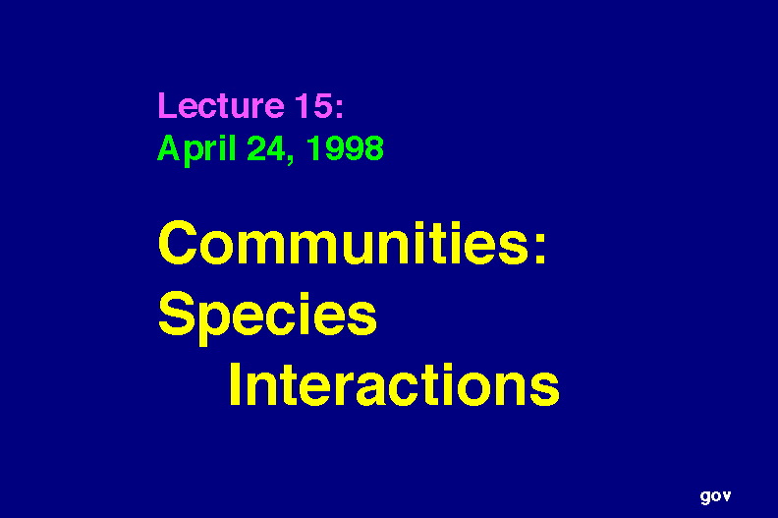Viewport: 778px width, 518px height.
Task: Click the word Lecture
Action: pyautogui.click(x=221, y=105)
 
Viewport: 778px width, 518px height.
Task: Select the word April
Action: pyautogui.click(x=196, y=149)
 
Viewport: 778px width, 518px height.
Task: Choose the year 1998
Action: pyautogui.click(x=346, y=148)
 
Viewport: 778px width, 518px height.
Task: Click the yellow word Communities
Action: pyautogui.click(x=344, y=243)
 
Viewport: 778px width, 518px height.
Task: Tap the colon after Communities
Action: pyautogui.click(x=540, y=249)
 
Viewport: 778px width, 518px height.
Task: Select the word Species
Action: pyautogui.click(x=267, y=317)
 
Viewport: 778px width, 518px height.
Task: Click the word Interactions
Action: pyautogui.click(x=395, y=384)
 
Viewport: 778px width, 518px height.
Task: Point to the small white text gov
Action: pyautogui.click(x=715, y=496)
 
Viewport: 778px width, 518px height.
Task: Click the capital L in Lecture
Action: pyautogui.click(x=166, y=105)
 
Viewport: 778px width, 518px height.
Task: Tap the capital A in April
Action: pyautogui.click(x=168, y=148)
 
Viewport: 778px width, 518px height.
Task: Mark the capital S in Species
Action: pyautogui.click(x=177, y=314)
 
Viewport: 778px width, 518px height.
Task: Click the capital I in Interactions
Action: pyautogui.click(x=235, y=384)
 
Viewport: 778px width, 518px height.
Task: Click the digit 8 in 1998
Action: pyautogui.click(x=374, y=148)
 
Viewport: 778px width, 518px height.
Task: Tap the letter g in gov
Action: pyautogui.click(x=705, y=497)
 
